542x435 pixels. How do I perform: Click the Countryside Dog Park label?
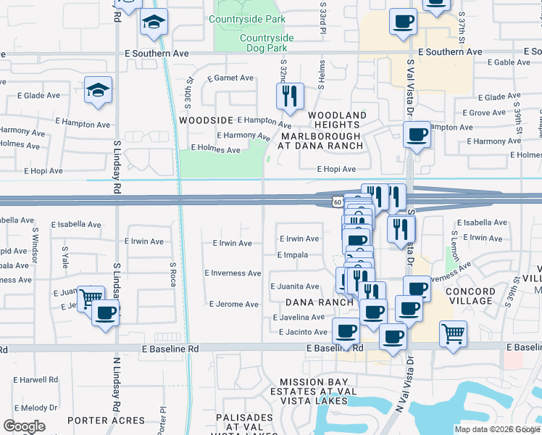pos(266,43)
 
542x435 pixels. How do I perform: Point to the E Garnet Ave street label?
pos(230,78)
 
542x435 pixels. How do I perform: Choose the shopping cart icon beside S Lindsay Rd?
pos(91,297)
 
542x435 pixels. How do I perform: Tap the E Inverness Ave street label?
pos(233,273)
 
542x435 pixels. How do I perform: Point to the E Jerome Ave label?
pos(233,304)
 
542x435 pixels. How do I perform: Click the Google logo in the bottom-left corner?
pos(24,426)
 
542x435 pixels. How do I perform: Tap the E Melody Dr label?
pos(34,408)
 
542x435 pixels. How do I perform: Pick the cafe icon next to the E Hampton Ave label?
pos(417,135)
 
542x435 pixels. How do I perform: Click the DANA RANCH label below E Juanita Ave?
pos(319,302)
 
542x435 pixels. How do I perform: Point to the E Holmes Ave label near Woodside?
pos(215,150)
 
